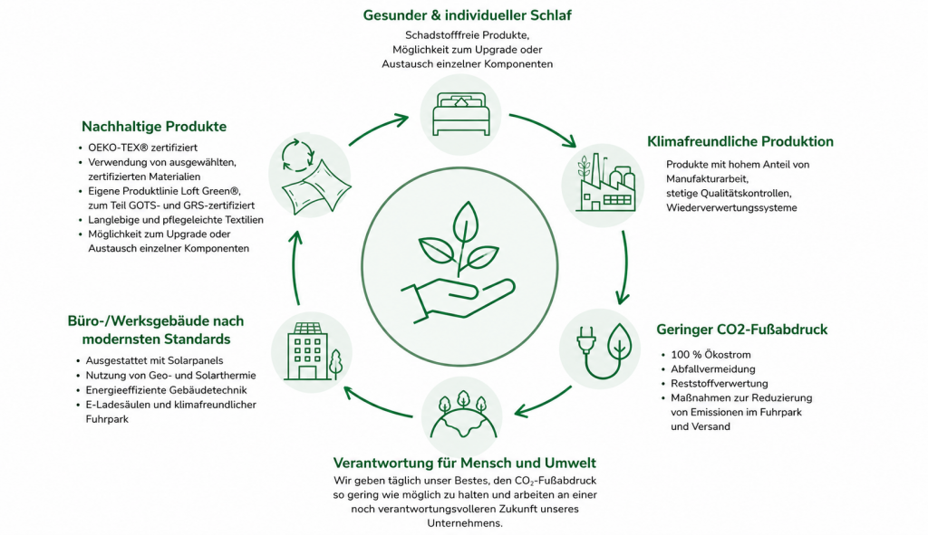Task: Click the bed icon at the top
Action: tap(461, 114)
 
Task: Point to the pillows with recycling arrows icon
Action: tap(310, 175)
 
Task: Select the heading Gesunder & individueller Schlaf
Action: tap(467, 15)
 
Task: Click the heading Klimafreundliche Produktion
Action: tap(739, 141)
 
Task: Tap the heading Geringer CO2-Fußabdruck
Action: tap(741, 330)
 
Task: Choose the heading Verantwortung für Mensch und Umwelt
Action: tap(464, 463)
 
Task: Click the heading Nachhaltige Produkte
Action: tap(154, 127)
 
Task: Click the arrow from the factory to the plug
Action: tap(623, 267)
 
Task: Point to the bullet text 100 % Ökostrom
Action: tap(702, 355)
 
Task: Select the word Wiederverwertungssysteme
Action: tap(731, 207)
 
